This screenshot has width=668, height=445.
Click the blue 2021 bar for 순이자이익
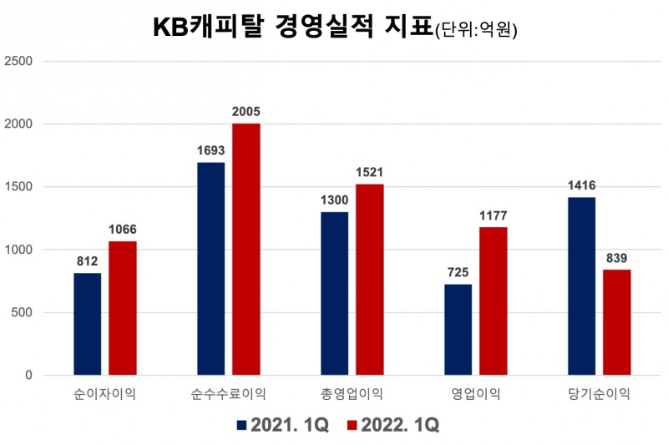pos(87,324)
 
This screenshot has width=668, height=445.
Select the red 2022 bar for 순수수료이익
pos(246,249)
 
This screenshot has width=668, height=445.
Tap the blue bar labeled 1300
pos(334,293)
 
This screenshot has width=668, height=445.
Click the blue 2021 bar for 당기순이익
pos(581,286)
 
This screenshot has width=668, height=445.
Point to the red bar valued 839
pos(617,322)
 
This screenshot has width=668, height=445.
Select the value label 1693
pos(210,151)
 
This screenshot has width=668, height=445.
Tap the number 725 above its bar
pos(458,273)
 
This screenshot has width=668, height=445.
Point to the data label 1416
pos(581,186)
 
